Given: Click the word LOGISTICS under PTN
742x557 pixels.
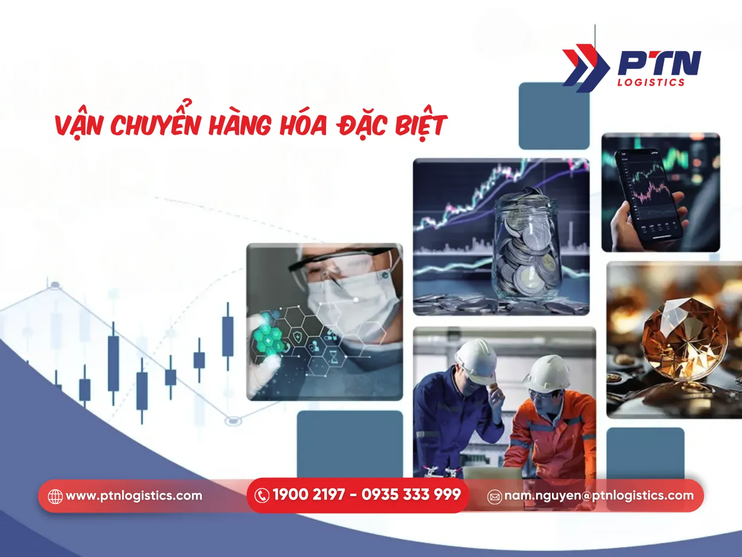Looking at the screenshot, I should tap(650, 82).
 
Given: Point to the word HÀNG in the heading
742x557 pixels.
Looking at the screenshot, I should tap(240, 125).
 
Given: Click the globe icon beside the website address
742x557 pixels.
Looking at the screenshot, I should tap(55, 496).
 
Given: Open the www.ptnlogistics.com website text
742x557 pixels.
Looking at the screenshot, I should tap(134, 496).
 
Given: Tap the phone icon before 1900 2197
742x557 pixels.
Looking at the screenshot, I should tap(262, 495).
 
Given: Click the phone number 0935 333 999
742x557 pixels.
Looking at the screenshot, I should tap(411, 495).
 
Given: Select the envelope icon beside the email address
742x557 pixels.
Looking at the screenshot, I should tap(495, 496).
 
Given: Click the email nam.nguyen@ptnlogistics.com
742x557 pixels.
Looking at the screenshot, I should tap(599, 496).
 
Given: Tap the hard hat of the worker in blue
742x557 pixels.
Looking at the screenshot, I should tap(476, 360).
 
